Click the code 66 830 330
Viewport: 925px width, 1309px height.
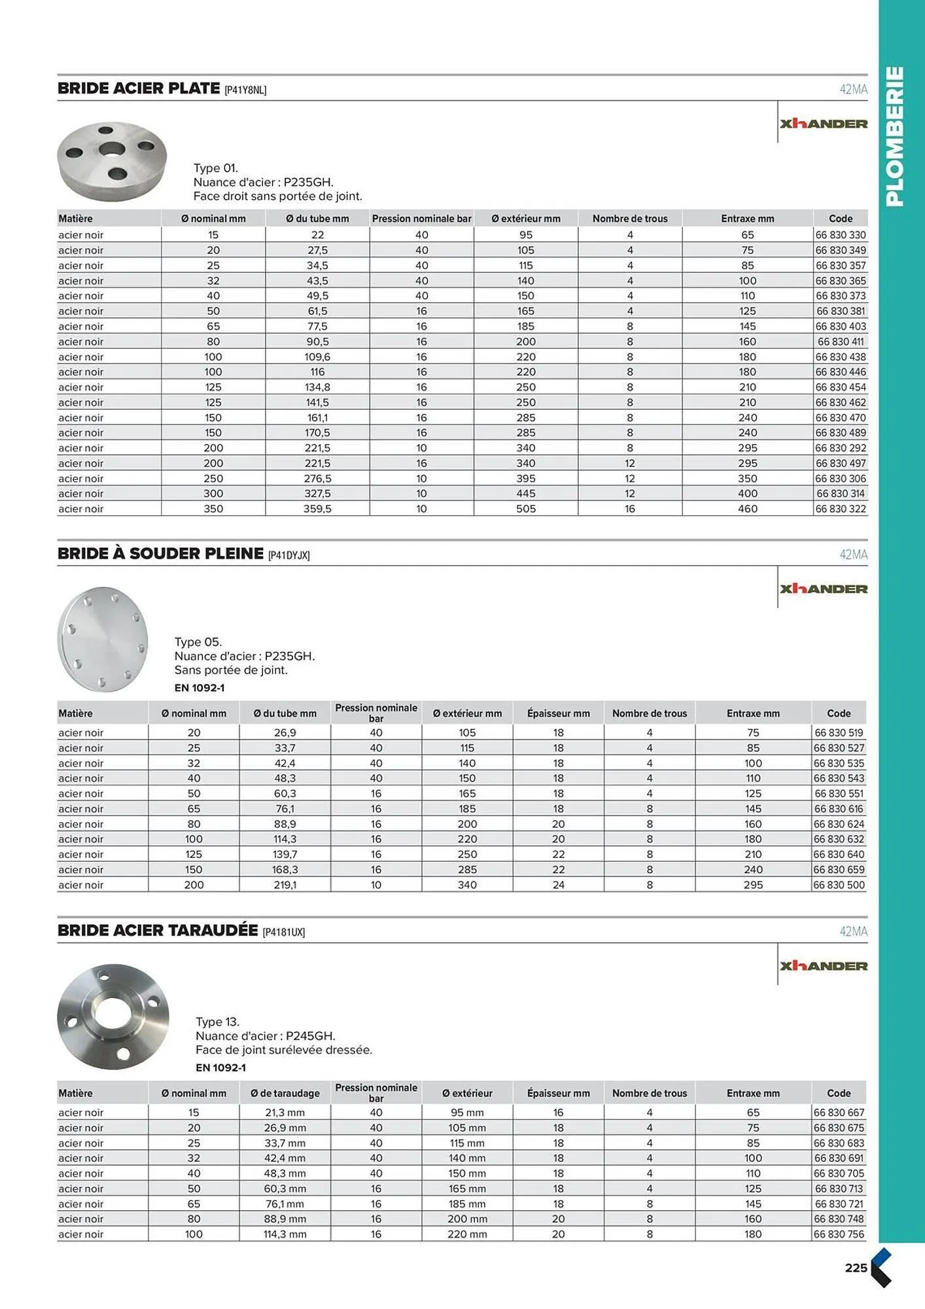coord(841,235)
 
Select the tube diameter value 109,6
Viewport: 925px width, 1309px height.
coord(317,357)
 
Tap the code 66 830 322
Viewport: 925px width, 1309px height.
coord(841,509)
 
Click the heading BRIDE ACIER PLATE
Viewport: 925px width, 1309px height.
coord(139,88)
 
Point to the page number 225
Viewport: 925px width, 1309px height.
coord(856,1268)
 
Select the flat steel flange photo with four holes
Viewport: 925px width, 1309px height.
coord(112,161)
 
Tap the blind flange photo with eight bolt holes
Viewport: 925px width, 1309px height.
coord(103,639)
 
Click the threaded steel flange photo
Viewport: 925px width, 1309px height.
coord(113,1016)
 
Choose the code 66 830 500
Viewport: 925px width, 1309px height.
coord(839,885)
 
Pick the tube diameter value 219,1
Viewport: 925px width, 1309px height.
coord(285,885)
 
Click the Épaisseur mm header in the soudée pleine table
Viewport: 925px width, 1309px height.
coord(558,713)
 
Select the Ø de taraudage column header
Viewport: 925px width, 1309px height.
coord(285,1093)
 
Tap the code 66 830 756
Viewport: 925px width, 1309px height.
coord(839,1234)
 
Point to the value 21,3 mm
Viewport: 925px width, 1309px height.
coord(285,1113)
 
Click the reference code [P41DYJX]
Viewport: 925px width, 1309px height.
coord(288,555)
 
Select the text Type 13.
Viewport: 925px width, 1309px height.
coord(217,1022)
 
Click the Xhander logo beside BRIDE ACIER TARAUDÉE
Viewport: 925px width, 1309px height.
coord(824,966)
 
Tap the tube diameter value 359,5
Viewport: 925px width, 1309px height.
coord(317,509)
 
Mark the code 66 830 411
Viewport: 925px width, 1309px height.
coord(841,342)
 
